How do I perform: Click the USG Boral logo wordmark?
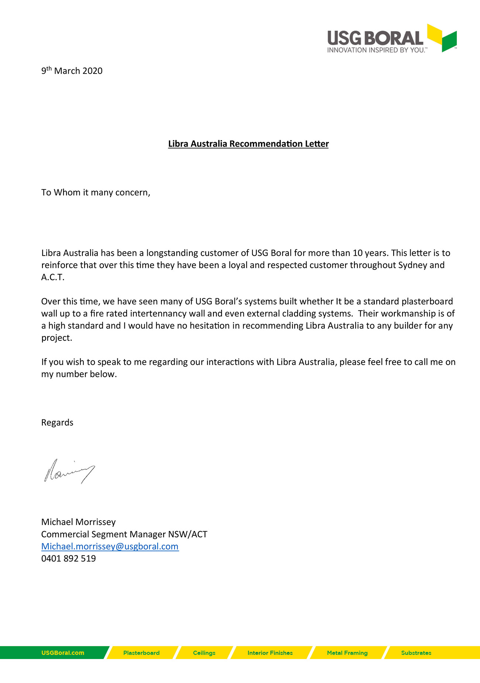375,38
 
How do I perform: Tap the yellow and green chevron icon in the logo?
442,38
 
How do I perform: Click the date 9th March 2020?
72,71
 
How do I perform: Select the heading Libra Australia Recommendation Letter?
248,144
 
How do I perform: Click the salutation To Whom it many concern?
96,192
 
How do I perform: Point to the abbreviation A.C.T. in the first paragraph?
53,277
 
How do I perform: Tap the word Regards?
57,422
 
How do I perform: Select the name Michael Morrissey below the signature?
78,522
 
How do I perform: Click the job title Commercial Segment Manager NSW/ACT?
124,534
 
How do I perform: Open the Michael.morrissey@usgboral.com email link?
110,546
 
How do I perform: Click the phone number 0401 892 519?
68,558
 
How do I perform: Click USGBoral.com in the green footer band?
62,653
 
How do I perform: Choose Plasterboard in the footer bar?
141,653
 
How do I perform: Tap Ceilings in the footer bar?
204,653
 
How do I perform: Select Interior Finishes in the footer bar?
270,653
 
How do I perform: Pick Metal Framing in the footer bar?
347,653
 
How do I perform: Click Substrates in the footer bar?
416,653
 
